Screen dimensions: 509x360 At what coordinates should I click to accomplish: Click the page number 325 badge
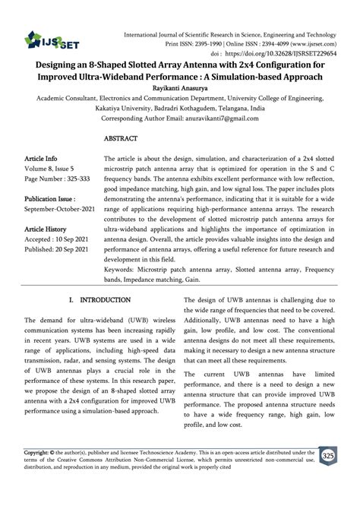tap(328, 456)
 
